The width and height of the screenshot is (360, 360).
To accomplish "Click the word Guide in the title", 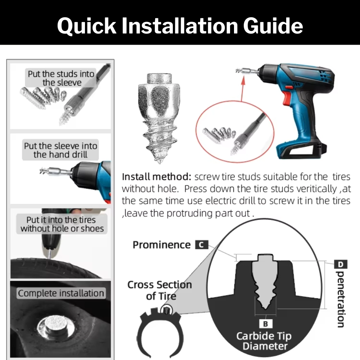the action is [x=273, y=26].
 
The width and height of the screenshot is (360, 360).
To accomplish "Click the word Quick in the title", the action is [x=87, y=26].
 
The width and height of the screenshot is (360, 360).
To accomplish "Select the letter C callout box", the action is [x=202, y=245].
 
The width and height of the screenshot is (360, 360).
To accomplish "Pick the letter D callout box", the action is [x=341, y=264].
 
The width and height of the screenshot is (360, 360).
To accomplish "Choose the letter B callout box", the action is [x=266, y=324].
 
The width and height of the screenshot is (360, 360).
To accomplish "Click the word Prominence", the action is [x=162, y=245].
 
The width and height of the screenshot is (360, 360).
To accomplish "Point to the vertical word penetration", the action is [x=340, y=299].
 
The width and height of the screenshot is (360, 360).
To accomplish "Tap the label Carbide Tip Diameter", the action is [x=264, y=341].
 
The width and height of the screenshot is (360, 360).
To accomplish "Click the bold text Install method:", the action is [x=157, y=177].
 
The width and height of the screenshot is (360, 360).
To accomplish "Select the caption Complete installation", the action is [x=61, y=293].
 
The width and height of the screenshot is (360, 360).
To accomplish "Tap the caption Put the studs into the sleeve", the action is [x=61, y=78].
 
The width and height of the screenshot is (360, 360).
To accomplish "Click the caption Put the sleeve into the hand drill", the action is [x=60, y=150].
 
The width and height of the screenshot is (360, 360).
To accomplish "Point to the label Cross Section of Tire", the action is [x=160, y=290].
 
